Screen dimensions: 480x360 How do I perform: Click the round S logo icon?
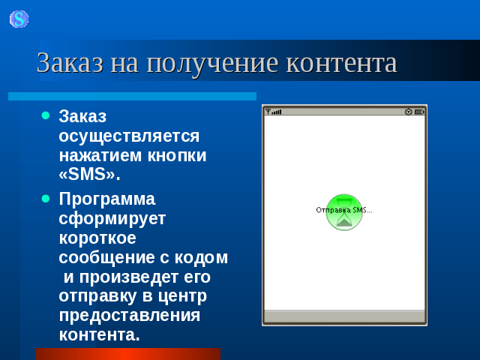19,19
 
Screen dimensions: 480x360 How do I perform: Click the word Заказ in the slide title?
70,63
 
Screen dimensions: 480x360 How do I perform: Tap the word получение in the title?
212,64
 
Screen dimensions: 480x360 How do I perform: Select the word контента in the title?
342,63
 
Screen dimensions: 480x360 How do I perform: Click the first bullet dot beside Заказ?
46,115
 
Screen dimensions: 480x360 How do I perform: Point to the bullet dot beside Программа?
46,199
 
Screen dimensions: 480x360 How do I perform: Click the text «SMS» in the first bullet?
87,174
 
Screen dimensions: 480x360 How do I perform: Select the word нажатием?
100,155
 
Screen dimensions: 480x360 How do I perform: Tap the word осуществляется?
129,136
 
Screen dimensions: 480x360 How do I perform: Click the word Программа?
107,199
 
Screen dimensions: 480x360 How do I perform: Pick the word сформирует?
112,219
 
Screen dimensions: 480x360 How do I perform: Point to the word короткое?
97,238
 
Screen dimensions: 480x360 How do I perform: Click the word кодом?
201,258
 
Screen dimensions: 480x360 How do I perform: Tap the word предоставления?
130,316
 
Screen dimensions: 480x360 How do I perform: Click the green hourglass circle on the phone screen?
344,212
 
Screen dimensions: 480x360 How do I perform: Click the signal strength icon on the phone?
273,112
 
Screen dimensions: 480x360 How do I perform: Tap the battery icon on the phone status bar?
419,112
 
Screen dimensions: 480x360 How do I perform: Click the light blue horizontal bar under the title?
132,97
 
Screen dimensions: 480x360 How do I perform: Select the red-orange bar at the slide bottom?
128,354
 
